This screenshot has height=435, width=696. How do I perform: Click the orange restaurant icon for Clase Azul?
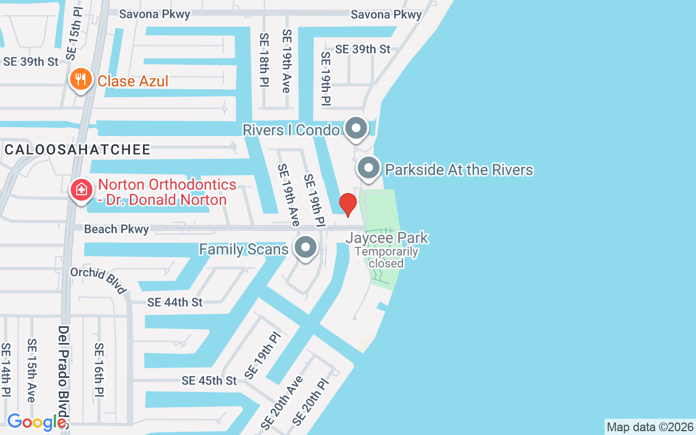80,79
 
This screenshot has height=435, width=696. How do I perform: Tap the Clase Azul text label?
133,82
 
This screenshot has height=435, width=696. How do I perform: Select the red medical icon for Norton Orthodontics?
81,190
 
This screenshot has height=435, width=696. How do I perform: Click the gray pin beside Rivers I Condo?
357,129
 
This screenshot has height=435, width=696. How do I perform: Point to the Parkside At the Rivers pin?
369,168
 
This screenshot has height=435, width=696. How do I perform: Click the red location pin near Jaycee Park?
348,204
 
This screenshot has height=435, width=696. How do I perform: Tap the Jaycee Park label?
387,238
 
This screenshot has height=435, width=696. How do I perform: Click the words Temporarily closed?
387,258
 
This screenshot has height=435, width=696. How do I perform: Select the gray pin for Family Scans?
306,248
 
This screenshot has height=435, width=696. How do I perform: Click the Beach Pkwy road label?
116,229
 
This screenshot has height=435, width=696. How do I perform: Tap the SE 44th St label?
175,302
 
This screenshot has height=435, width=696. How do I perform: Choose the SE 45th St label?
209,381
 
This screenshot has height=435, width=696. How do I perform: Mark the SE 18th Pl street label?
264,61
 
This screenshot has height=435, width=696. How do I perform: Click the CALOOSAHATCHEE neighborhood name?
78,150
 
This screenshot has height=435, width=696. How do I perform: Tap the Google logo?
36,422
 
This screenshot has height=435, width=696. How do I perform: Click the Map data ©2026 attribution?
650,427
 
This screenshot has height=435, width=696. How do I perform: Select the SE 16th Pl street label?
99,369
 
